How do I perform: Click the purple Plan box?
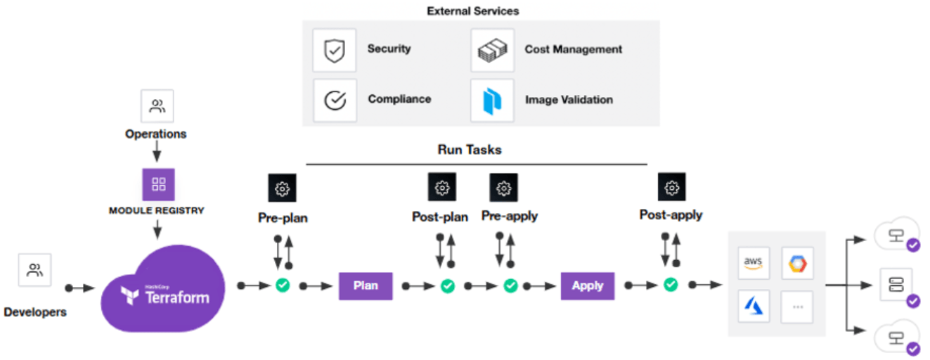(366, 285)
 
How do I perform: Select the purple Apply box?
(588, 285)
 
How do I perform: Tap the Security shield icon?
(334, 50)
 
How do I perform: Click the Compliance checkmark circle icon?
(335, 100)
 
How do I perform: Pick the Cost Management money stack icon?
(492, 50)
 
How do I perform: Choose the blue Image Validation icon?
(492, 101)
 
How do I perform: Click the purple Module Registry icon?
(159, 184)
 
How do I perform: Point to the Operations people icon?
(157, 106)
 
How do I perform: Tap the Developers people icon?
(35, 270)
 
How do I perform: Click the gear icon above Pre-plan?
(283, 188)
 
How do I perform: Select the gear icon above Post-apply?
(672, 187)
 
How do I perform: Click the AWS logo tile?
(754, 263)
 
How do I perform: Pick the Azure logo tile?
(754, 307)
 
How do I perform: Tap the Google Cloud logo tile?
(797, 263)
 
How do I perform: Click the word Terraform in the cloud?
(177, 297)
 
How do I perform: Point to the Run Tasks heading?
(470, 150)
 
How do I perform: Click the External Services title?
(473, 11)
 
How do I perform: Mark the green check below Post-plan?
(448, 285)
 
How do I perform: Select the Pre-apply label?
(510, 217)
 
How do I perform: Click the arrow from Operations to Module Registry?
(157, 151)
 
